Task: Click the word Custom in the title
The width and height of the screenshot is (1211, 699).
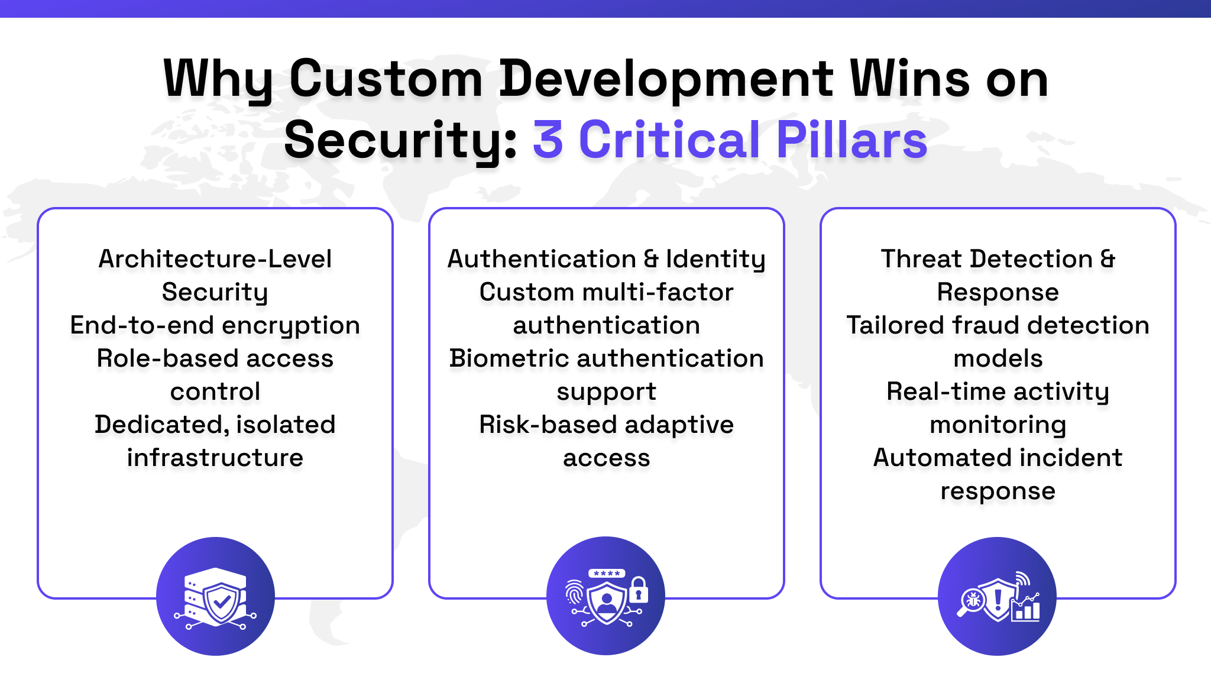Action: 386,80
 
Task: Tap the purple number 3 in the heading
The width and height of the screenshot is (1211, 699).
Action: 548,140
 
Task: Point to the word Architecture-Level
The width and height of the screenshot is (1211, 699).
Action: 215,259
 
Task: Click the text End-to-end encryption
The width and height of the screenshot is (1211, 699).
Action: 215,325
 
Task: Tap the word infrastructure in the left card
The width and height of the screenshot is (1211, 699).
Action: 215,458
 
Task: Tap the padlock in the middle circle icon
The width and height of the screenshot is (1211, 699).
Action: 638,590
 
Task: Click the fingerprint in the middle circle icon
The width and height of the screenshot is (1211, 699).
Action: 574,592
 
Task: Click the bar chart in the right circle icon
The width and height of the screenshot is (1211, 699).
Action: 1027,609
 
